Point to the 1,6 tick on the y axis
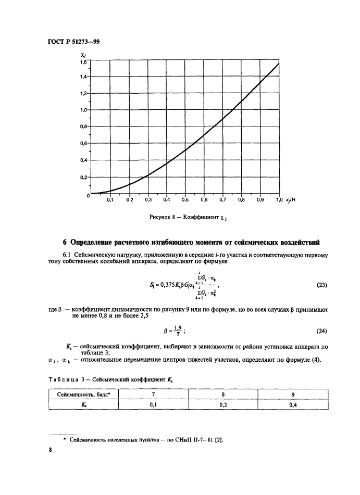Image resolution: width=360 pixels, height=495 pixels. [83, 62]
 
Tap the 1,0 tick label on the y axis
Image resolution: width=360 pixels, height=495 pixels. [83, 110]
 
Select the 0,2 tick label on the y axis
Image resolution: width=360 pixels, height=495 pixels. [83, 177]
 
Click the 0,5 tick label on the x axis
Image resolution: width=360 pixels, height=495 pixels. [185, 199]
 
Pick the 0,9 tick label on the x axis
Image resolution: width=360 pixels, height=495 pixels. [260, 199]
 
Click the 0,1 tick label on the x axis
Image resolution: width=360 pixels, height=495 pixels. [110, 199]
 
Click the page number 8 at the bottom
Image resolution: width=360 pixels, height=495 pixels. [52, 452]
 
